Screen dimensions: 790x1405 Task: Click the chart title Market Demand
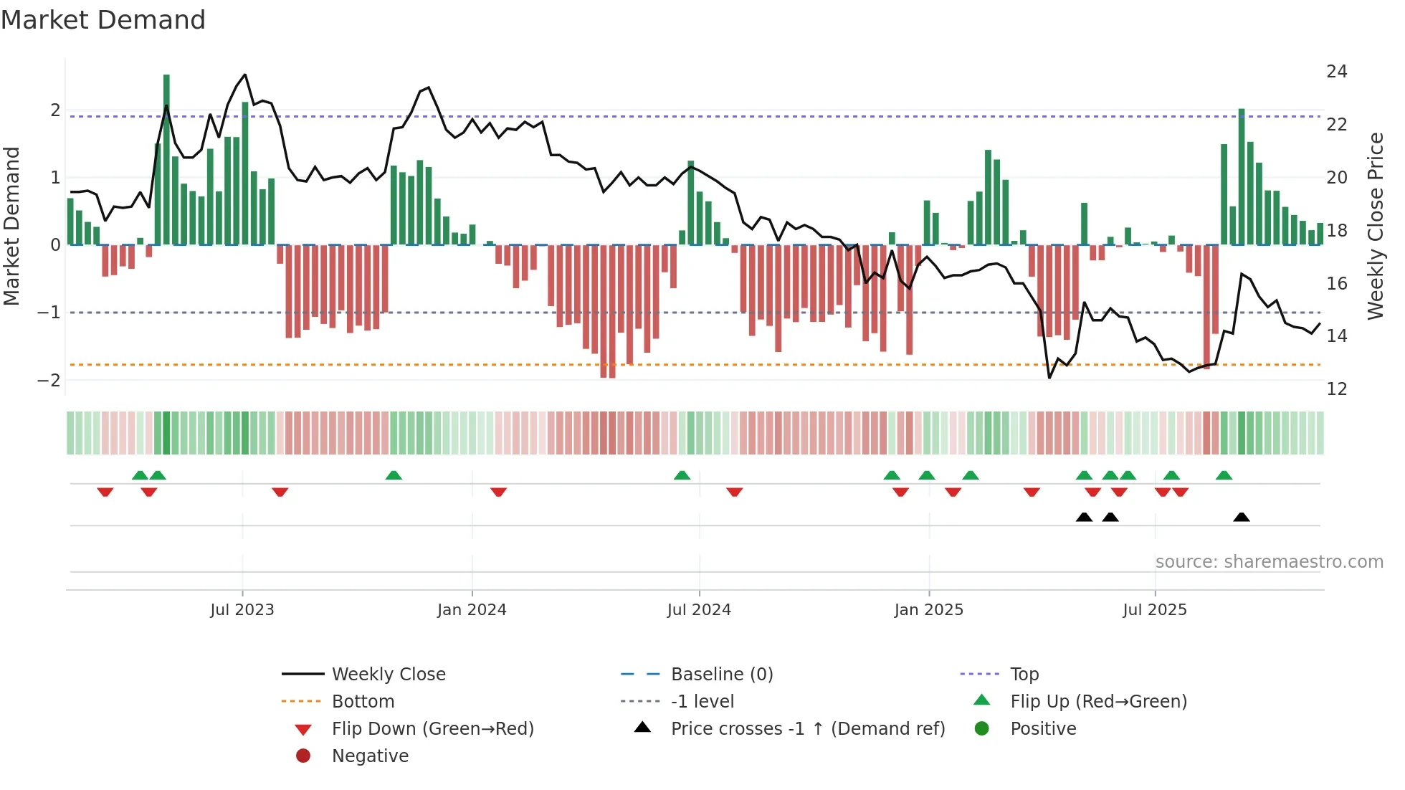click(103, 20)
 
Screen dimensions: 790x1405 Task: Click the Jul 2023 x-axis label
click(242, 610)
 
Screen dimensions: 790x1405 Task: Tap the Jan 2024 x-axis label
click(472, 610)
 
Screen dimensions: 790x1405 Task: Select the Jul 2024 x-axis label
click(699, 610)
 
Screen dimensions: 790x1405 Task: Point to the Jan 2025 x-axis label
click(929, 610)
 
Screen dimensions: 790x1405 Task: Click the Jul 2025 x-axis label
click(1155, 610)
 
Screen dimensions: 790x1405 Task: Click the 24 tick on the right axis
click(1336, 72)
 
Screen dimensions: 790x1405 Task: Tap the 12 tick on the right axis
click(1336, 389)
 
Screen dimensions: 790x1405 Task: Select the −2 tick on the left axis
click(49, 380)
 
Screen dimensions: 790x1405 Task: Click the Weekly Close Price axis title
click(1375, 226)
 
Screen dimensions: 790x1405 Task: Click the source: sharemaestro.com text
click(1269, 562)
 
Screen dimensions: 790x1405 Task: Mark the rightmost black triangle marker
click(1242, 517)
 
